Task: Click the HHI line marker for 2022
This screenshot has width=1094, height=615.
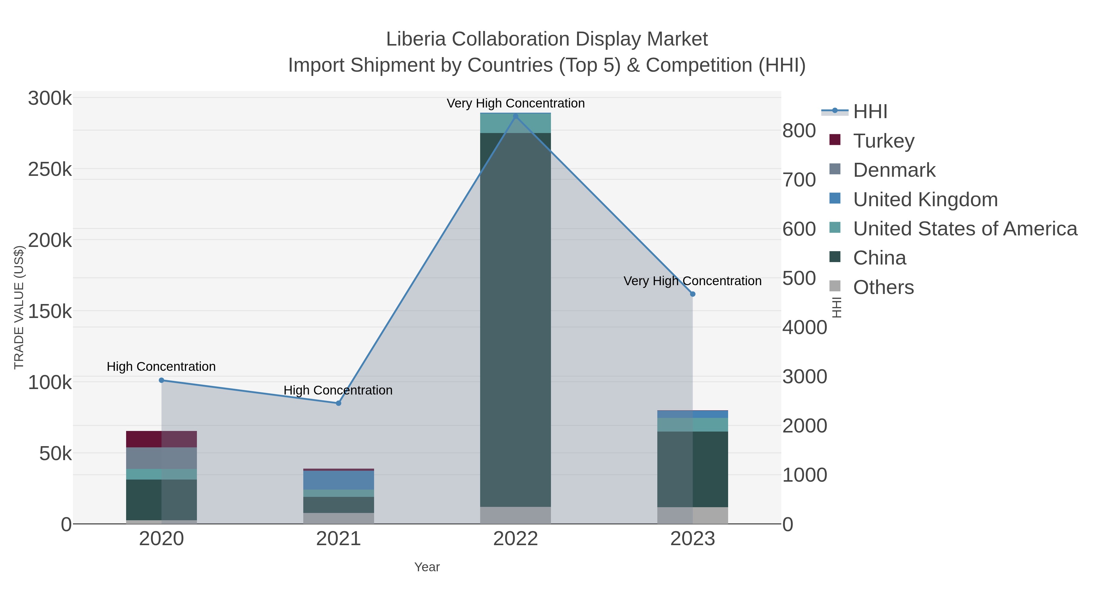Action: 516,116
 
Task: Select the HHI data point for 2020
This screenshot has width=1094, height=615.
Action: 161,380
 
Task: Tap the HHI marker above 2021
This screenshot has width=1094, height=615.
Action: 339,403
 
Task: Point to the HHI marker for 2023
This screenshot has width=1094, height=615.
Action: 693,294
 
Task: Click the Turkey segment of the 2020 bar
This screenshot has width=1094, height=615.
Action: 161,439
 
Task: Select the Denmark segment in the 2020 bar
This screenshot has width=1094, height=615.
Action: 161,458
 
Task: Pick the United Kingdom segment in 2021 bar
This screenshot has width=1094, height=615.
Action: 339,480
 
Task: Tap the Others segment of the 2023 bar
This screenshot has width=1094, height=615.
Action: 693,515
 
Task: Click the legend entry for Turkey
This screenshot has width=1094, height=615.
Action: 884,141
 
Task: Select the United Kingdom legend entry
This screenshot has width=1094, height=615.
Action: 925,200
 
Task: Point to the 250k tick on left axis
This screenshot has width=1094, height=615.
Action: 50,170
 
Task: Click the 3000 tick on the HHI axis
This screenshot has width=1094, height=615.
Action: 805,377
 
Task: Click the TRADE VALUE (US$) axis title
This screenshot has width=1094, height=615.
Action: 19,307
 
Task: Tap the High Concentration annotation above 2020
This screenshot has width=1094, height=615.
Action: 161,366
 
